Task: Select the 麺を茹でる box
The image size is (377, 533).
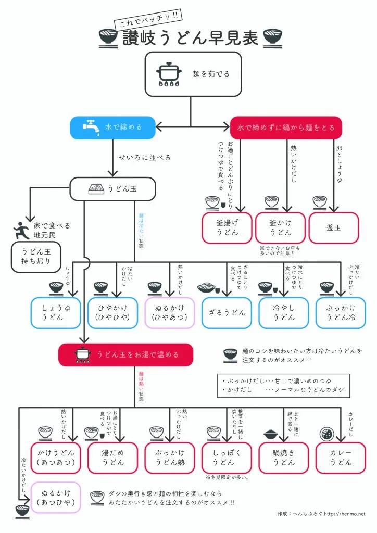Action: click(193, 74)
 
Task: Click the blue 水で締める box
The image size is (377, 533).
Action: click(112, 127)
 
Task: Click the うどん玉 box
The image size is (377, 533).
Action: click(112, 189)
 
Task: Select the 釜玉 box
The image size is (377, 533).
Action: click(334, 227)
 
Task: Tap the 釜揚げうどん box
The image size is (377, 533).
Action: click(227, 227)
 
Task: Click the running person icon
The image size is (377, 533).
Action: click(21, 230)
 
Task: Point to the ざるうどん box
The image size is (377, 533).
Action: click(227, 313)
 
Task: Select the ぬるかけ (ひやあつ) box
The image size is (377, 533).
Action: click(169, 313)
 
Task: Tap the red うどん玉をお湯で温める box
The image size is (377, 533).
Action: click(125, 354)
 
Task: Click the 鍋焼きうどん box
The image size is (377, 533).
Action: click(283, 458)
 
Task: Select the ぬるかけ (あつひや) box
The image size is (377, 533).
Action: click(56, 498)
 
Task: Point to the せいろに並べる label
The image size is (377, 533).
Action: click(144, 157)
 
